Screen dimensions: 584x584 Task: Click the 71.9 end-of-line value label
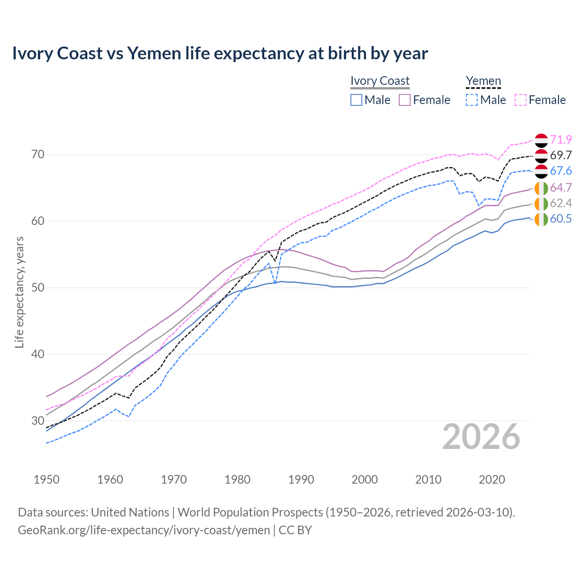click(x=561, y=140)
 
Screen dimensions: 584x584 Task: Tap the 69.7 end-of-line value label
click(x=561, y=155)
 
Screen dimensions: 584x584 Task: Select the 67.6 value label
click(x=561, y=171)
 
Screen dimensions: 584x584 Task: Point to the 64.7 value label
click(x=561, y=188)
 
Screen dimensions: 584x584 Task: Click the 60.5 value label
click(x=561, y=219)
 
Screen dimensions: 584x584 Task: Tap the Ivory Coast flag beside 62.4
click(x=541, y=203)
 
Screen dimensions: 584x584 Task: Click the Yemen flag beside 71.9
click(x=541, y=140)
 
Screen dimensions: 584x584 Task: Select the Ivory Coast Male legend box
click(x=356, y=100)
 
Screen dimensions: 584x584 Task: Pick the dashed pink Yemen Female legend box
click(x=521, y=100)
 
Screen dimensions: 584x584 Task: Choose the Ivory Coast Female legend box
click(x=405, y=100)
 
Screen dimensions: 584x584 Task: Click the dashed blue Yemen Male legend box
click(x=472, y=100)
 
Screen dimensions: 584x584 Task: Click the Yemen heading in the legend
click(x=483, y=81)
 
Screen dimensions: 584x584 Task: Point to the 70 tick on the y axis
click(x=38, y=155)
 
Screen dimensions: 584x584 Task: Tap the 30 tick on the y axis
click(x=38, y=421)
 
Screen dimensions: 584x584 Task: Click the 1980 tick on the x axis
click(x=238, y=480)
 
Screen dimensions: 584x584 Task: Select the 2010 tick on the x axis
click(x=428, y=480)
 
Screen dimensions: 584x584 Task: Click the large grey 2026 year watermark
click(x=481, y=437)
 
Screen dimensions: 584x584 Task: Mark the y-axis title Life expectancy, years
click(x=19, y=292)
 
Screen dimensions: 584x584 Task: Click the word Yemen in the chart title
click(x=154, y=53)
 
